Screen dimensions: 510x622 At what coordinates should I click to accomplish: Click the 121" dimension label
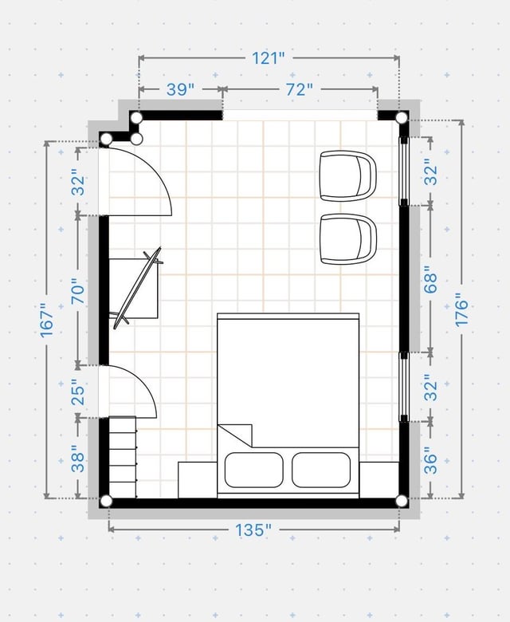tap(269, 58)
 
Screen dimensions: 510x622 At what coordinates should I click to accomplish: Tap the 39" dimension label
tap(180, 89)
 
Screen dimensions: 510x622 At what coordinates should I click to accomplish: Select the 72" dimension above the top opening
tap(299, 89)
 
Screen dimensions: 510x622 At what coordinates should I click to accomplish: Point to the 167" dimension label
tap(47, 321)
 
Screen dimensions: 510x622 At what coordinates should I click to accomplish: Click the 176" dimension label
tap(461, 310)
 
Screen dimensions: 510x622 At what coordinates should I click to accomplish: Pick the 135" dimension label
tap(253, 530)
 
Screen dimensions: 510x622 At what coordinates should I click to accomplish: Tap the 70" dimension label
tap(78, 292)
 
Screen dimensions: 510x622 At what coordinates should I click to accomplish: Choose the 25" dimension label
tap(78, 392)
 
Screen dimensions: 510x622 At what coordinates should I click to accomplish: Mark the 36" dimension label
tap(431, 461)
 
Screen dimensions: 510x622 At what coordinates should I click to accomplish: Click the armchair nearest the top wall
tap(348, 175)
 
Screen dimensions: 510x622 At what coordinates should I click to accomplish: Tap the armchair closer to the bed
tap(348, 239)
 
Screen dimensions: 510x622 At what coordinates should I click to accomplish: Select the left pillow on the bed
tap(254, 470)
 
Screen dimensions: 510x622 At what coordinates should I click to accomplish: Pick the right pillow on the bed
tap(321, 470)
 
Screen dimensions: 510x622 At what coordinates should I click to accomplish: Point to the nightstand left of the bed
tap(198, 480)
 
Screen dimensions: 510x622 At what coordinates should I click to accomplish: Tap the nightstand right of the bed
tap(379, 480)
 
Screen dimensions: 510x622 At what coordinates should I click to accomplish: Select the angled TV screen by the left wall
tap(138, 288)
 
